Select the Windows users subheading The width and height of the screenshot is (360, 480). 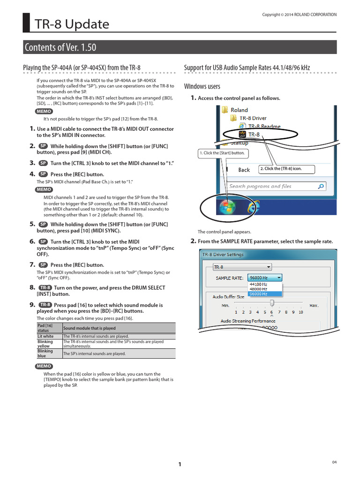[202, 86]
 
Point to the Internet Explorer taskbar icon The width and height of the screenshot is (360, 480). [254, 207]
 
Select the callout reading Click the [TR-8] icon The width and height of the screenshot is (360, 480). [286, 169]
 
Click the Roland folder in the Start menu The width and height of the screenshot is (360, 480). [239, 110]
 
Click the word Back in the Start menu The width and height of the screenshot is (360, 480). [244, 170]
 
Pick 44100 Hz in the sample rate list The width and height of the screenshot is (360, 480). [259, 284]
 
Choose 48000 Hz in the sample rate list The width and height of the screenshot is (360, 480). [259, 289]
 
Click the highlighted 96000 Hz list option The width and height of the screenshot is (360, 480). [259, 294]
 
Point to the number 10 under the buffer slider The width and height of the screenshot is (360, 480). [300, 312]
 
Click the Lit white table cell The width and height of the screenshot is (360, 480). [45, 336]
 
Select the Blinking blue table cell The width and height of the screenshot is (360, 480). [45, 353]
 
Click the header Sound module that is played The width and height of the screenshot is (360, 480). [90, 329]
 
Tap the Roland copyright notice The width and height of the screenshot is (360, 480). [299, 15]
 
